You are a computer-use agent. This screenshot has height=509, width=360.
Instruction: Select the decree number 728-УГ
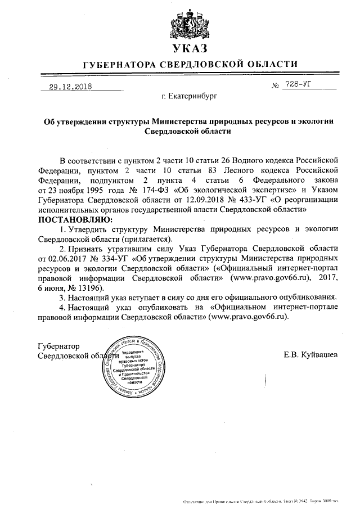[x=298, y=84]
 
